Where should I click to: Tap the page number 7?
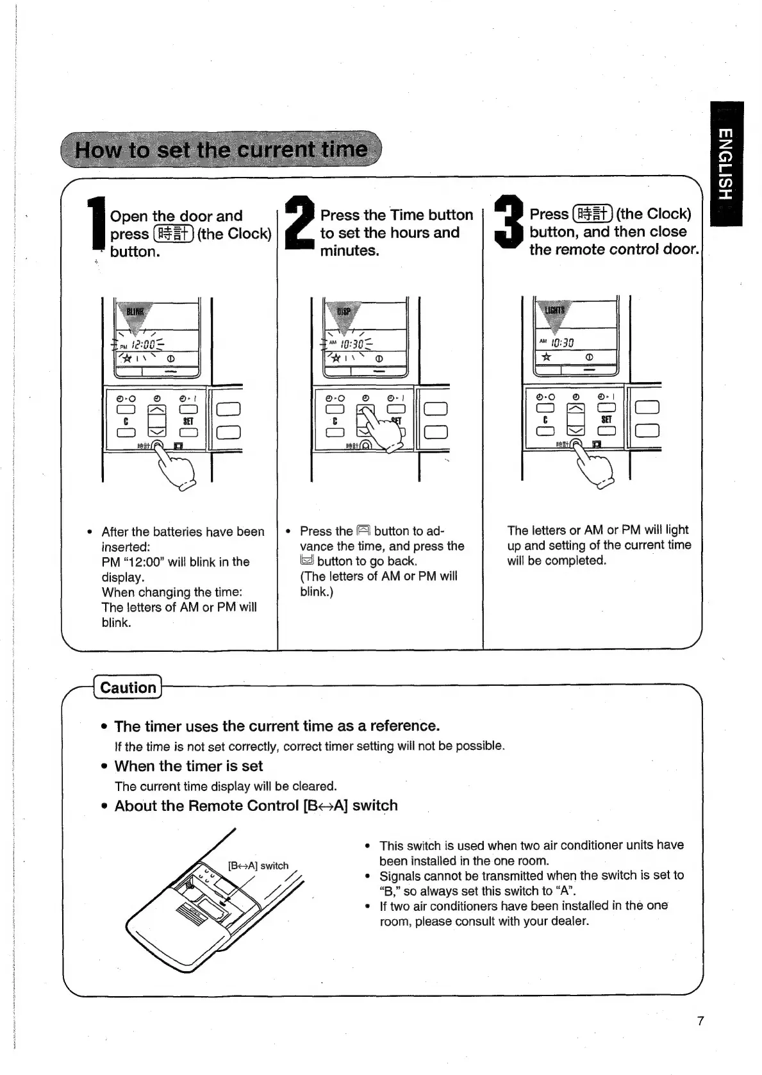pos(700,1021)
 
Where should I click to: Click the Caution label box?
pos(128,687)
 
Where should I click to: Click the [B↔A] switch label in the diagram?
pos(258,865)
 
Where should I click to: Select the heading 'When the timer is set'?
pos(188,766)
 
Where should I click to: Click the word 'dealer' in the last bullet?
pos(568,921)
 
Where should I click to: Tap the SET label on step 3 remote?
pos(606,419)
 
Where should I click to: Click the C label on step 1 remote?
pos(126,421)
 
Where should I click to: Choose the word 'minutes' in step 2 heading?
pos(349,251)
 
